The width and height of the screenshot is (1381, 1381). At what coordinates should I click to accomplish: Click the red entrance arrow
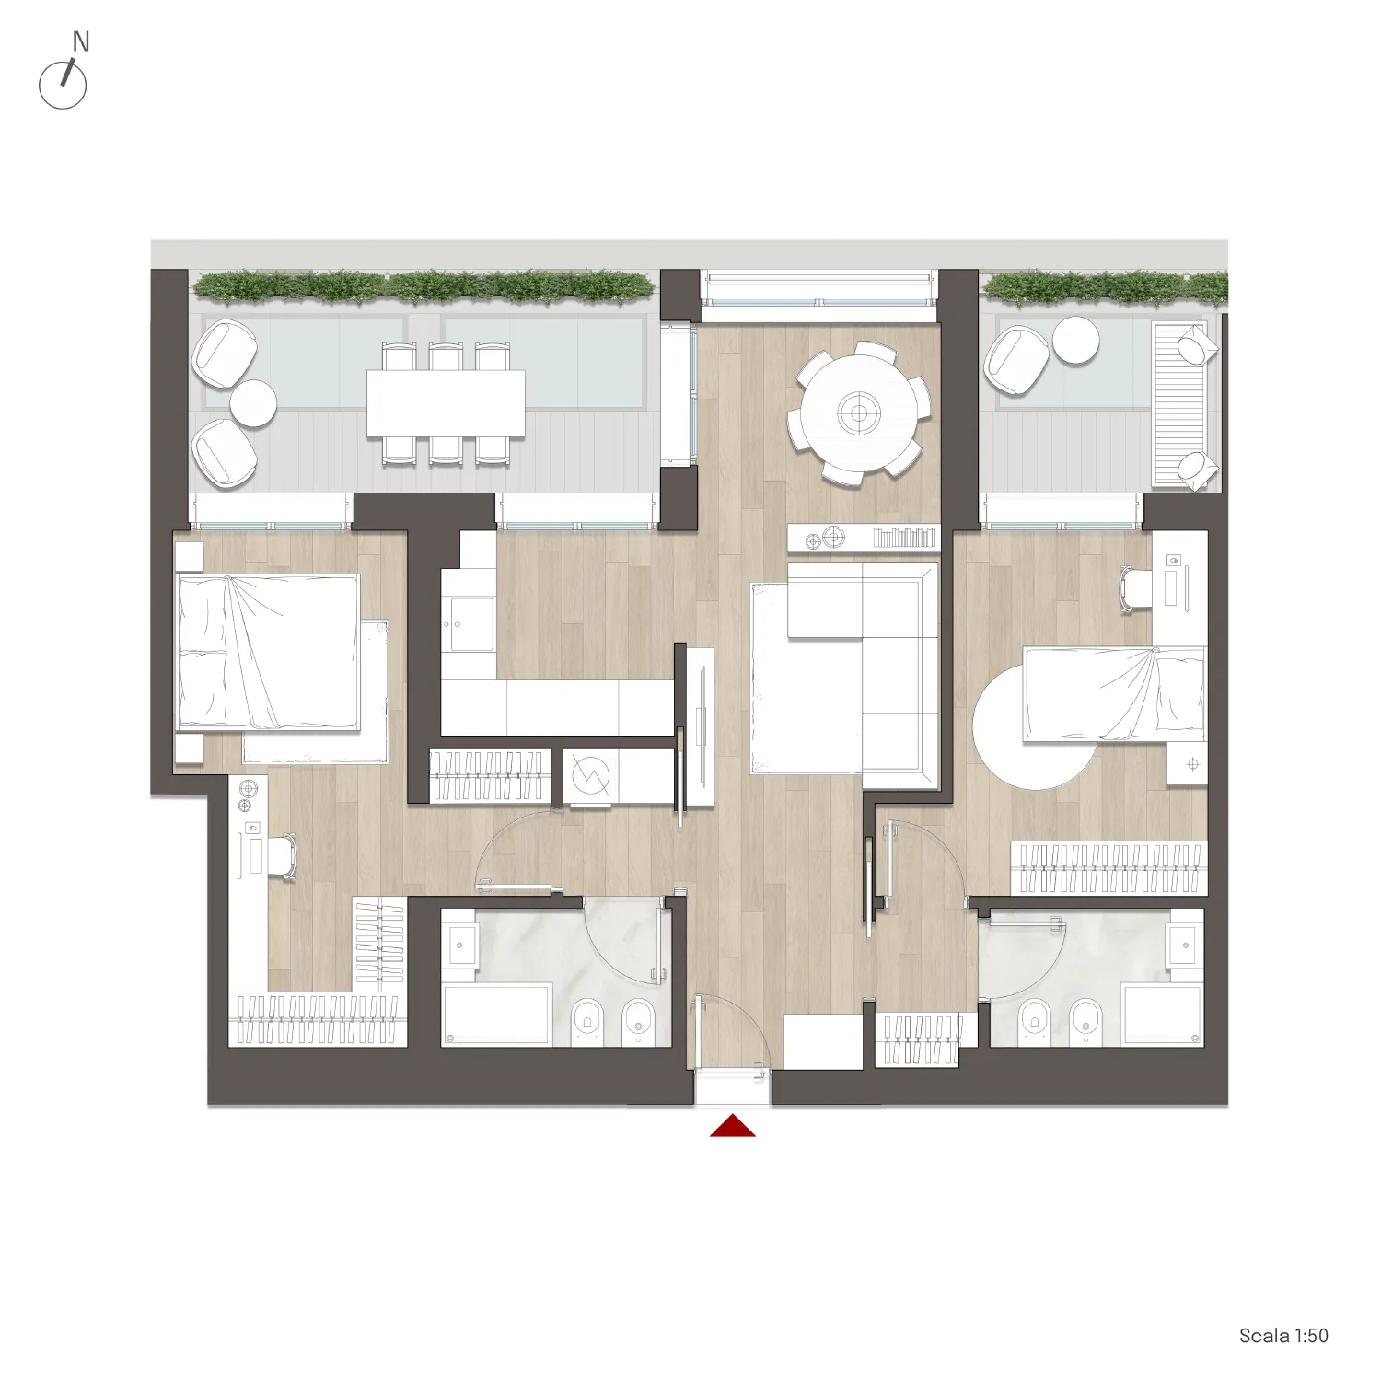click(x=733, y=1126)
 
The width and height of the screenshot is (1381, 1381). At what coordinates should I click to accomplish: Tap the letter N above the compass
click(x=81, y=41)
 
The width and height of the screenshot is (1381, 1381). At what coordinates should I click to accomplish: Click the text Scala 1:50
click(x=1283, y=1336)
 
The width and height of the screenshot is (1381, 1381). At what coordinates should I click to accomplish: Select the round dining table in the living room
click(x=859, y=413)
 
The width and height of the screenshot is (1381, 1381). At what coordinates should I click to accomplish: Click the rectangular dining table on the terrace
click(x=446, y=403)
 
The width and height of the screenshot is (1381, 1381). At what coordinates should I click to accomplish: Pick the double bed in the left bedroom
click(x=268, y=653)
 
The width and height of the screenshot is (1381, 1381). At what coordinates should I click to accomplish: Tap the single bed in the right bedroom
click(x=1115, y=693)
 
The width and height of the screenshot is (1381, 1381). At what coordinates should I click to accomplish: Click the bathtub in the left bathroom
click(x=497, y=1015)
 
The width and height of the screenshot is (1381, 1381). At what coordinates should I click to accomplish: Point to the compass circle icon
click(x=63, y=86)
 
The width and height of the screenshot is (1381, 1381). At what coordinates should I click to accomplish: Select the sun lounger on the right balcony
click(x=1185, y=404)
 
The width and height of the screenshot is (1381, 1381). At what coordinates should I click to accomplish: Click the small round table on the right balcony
click(x=1075, y=340)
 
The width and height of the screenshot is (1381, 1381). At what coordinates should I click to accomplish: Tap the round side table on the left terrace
click(x=253, y=403)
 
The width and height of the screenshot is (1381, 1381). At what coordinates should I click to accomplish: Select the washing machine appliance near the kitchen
click(x=590, y=776)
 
